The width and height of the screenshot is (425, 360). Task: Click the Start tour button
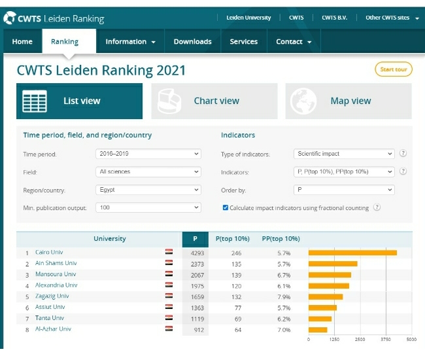pyautogui.click(x=394, y=69)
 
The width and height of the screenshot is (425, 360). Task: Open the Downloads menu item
pyautogui.click(x=192, y=41)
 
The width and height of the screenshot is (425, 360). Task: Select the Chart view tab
pyautogui.click(x=214, y=101)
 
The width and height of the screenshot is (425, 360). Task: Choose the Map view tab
pyautogui.click(x=348, y=101)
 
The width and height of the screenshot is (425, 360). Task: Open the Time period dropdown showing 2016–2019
pyautogui.click(x=148, y=154)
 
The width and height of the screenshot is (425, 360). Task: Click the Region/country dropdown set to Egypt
pyautogui.click(x=148, y=190)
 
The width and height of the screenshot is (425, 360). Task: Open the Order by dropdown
pyautogui.click(x=344, y=190)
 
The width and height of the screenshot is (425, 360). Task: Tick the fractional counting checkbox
pyautogui.click(x=225, y=207)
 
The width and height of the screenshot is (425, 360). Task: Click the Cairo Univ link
pyautogui.click(x=49, y=252)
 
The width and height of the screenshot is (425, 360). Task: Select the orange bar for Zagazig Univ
pyautogui.click(x=326, y=297)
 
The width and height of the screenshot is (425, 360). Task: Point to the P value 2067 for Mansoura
pyautogui.click(x=197, y=275)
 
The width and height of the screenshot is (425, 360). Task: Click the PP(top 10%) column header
pyautogui.click(x=280, y=239)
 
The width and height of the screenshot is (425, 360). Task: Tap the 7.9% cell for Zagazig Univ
pyautogui.click(x=284, y=297)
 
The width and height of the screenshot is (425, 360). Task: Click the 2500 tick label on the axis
pyautogui.click(x=360, y=340)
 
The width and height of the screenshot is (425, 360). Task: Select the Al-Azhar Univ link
pyautogui.click(x=53, y=329)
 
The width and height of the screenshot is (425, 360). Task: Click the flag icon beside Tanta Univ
pyautogui.click(x=169, y=317)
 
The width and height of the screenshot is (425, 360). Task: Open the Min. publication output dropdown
pyautogui.click(x=148, y=207)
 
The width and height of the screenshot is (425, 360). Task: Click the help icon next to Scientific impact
pyautogui.click(x=403, y=153)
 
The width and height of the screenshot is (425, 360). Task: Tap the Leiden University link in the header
pyautogui.click(x=248, y=18)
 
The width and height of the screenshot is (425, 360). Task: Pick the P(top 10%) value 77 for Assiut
pyautogui.click(x=238, y=308)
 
